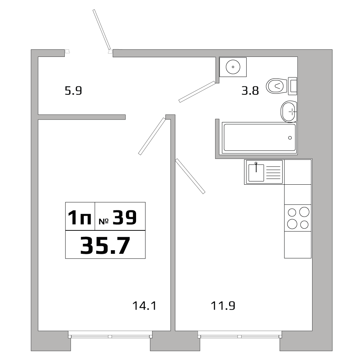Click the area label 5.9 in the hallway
(x=73, y=91)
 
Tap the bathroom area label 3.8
(x=250, y=91)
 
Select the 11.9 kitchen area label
(x=222, y=306)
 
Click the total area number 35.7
(x=105, y=245)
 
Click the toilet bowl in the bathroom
(x=276, y=86)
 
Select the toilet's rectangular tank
(x=293, y=86)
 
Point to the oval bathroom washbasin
(x=289, y=112)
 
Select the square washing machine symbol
(x=233, y=67)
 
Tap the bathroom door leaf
(x=197, y=92)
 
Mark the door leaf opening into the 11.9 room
(x=190, y=176)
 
